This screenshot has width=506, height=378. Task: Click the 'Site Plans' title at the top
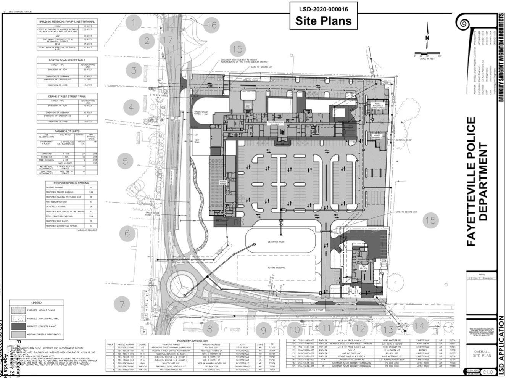(x=323, y=21)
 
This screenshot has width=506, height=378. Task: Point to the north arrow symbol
(x=427, y=38)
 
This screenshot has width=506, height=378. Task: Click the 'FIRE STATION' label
(x=364, y=268)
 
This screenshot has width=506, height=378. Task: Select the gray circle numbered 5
(x=125, y=161)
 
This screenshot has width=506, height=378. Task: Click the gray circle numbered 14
(x=419, y=325)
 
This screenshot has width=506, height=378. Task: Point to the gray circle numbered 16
(x=212, y=25)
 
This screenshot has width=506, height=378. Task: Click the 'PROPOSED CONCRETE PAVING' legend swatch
(x=18, y=327)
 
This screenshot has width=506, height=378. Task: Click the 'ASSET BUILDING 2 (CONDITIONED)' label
(x=376, y=106)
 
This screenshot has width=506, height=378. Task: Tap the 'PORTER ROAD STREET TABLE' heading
(x=66, y=60)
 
